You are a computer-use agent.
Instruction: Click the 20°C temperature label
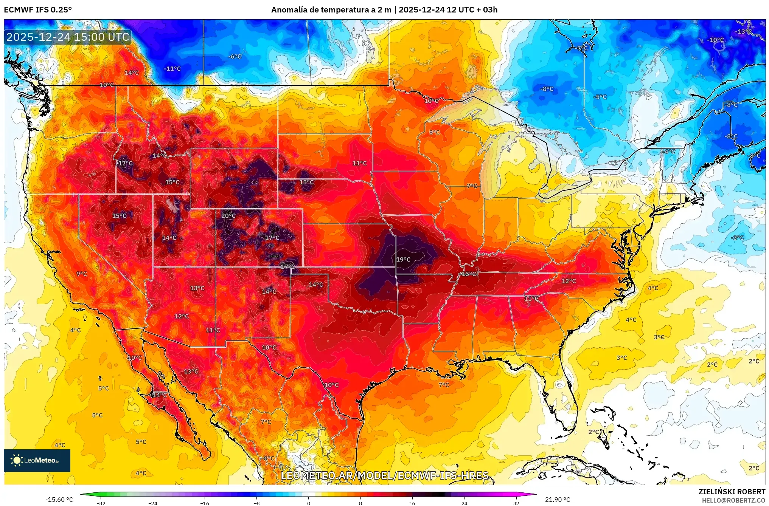pyautogui.click(x=228, y=216)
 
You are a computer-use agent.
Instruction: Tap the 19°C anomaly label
pyautogui.click(x=403, y=260)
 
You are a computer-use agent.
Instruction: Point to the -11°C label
pyautogui.click(x=172, y=69)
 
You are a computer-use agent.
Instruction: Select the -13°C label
pyautogui.click(x=743, y=32)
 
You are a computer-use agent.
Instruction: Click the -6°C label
pyautogui.click(x=235, y=56)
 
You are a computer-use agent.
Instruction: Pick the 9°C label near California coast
pyautogui.click(x=82, y=274)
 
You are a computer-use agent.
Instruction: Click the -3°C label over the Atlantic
pyautogui.click(x=738, y=238)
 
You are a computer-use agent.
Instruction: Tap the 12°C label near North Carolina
pyautogui.click(x=569, y=281)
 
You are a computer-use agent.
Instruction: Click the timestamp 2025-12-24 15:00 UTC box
pyautogui.click(x=68, y=37)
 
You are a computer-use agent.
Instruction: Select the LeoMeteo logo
pyautogui.click(x=37, y=460)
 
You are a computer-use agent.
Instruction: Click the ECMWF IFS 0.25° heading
pyautogui.click(x=38, y=10)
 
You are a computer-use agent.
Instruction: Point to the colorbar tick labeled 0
pyautogui.click(x=308, y=503)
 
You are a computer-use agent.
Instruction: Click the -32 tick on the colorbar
pyautogui.click(x=101, y=503)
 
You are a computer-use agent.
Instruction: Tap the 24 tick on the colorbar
pyautogui.click(x=464, y=503)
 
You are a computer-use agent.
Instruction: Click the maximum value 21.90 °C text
pyautogui.click(x=557, y=500)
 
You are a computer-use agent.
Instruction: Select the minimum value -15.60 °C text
pyautogui.click(x=59, y=500)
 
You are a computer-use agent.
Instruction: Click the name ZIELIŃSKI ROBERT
pyautogui.click(x=732, y=492)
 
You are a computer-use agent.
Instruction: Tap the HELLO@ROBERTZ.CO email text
pyautogui.click(x=733, y=500)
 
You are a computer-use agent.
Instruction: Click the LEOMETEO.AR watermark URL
pyautogui.click(x=385, y=475)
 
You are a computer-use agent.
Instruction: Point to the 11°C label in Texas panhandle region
pyautogui.click(x=213, y=330)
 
